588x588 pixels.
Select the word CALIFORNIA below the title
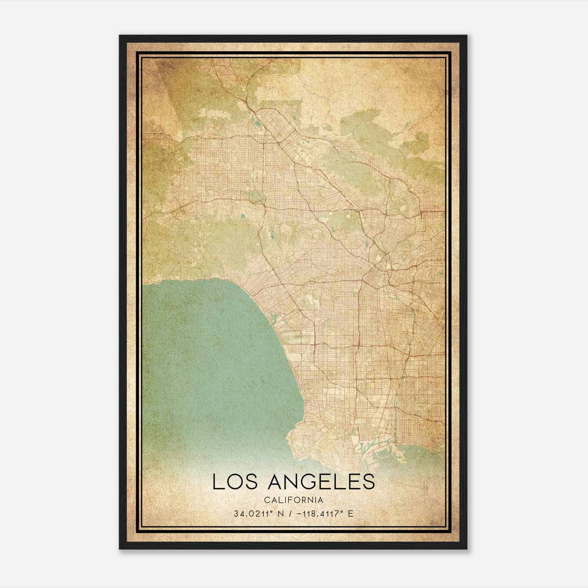point(294,500)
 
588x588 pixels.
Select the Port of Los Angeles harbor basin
point(382,450)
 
